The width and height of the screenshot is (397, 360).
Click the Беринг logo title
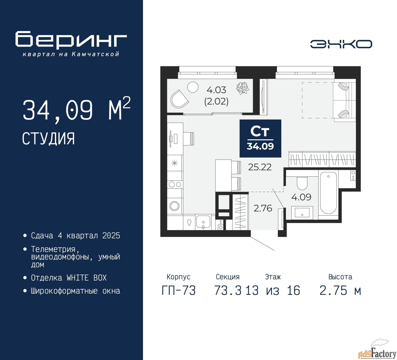[71, 40]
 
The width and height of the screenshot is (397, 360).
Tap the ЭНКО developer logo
[341, 44]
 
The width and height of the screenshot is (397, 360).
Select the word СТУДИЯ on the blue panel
[48, 139]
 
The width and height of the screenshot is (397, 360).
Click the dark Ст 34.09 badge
[260, 138]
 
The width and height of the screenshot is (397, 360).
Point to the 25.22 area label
[260, 167]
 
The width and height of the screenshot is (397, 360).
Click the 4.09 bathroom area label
[301, 197]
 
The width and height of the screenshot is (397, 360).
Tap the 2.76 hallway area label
[263, 208]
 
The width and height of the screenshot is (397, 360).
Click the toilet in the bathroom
[302, 183]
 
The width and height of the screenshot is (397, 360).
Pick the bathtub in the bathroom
[328, 193]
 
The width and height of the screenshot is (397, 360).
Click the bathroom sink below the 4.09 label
[302, 213]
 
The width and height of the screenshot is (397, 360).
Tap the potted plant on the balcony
[243, 88]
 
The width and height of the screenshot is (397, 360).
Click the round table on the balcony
[193, 87]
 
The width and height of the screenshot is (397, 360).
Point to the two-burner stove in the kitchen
[175, 184]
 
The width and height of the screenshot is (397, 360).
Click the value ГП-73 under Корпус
[179, 291]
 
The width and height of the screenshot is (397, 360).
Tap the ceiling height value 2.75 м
[340, 291]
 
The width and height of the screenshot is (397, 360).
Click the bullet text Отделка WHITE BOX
[69, 278]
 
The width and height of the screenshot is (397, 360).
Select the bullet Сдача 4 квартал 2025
[75, 236]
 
